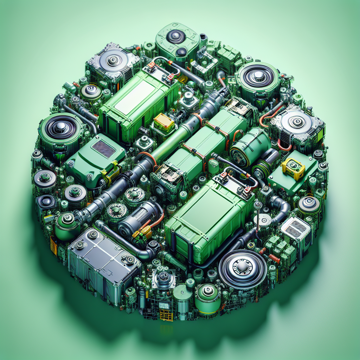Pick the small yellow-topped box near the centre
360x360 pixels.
[164, 122]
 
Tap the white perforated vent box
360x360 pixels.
[296, 229]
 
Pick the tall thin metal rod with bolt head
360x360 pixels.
[258, 218]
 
